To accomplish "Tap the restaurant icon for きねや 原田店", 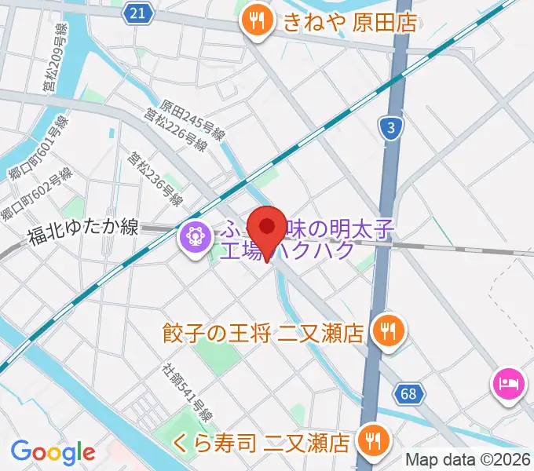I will (x=256, y=22).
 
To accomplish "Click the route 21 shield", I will (x=138, y=12).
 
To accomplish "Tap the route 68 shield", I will (x=408, y=393).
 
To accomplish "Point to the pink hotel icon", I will (x=506, y=384).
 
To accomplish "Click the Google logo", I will (x=53, y=452).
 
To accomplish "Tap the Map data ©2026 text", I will (x=469, y=460).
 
